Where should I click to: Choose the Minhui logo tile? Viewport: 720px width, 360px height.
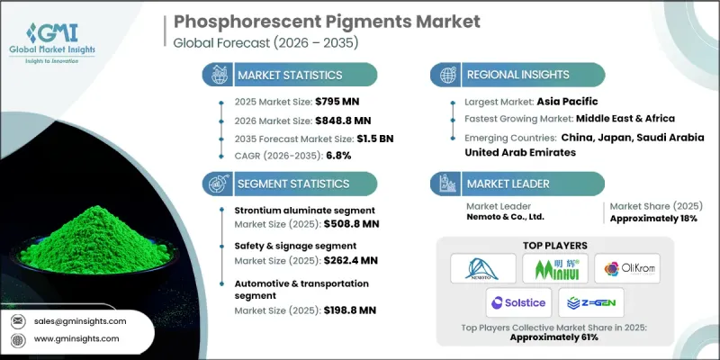click(553, 268)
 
